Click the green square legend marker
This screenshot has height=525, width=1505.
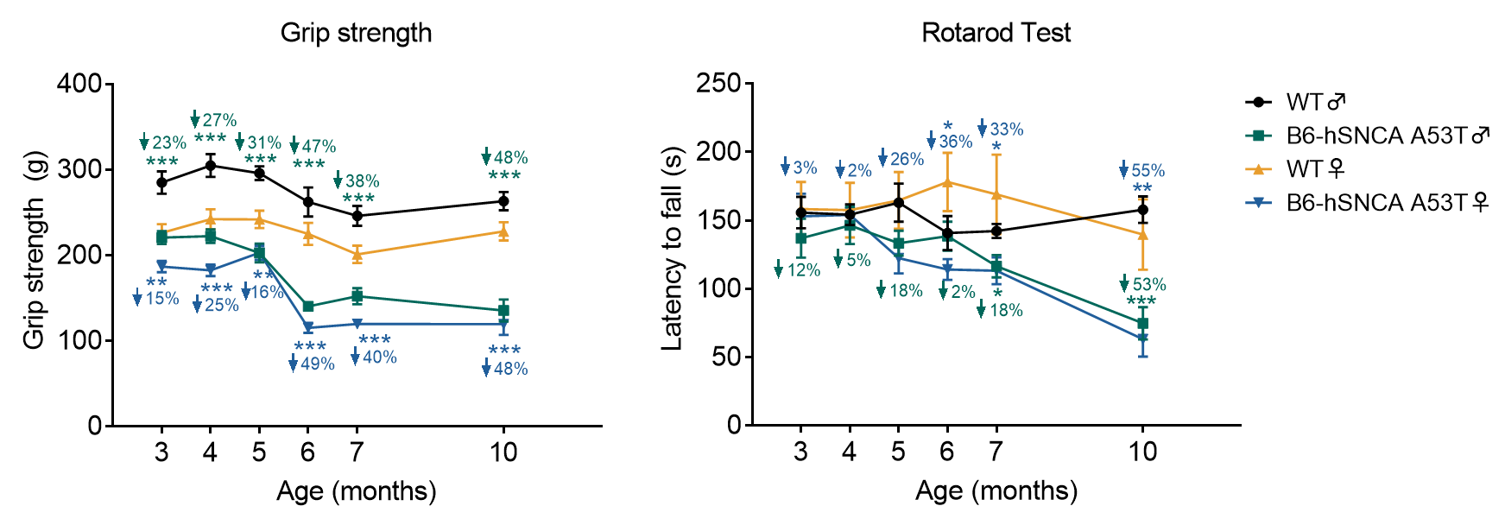(x=1258, y=136)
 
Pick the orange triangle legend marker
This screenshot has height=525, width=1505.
(x=1258, y=169)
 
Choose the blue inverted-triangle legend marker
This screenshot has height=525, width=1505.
(x=1258, y=203)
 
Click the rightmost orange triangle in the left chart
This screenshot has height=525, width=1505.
(x=503, y=232)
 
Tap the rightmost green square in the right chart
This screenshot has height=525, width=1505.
(x=1143, y=323)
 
